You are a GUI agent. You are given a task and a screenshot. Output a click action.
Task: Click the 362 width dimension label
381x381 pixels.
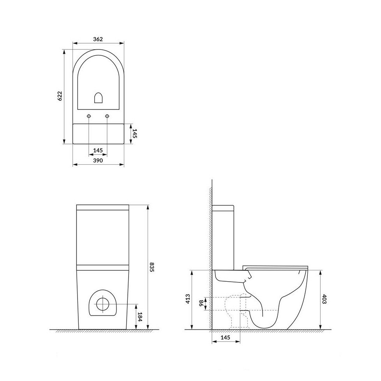pyautogui.click(x=98, y=39)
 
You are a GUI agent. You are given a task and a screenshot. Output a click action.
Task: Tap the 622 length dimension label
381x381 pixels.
pyautogui.click(x=60, y=96)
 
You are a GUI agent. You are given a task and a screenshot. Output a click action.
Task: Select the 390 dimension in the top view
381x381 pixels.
pyautogui.click(x=98, y=161)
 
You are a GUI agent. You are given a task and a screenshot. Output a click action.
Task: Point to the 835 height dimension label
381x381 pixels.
pyautogui.click(x=152, y=267)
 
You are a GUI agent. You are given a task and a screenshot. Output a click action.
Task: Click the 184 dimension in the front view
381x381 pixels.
pyautogui.click(x=139, y=317)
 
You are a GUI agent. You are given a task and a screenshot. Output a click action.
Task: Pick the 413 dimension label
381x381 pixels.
pyautogui.click(x=188, y=299)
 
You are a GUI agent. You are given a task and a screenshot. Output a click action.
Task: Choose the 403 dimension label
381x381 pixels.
pyautogui.click(x=324, y=299)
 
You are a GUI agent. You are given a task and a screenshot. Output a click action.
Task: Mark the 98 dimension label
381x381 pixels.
pyautogui.click(x=201, y=303)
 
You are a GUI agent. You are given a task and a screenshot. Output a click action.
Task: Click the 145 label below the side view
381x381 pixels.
pyautogui.click(x=226, y=337)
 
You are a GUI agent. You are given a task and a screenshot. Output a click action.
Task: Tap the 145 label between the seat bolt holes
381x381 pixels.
pyautogui.click(x=98, y=150)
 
